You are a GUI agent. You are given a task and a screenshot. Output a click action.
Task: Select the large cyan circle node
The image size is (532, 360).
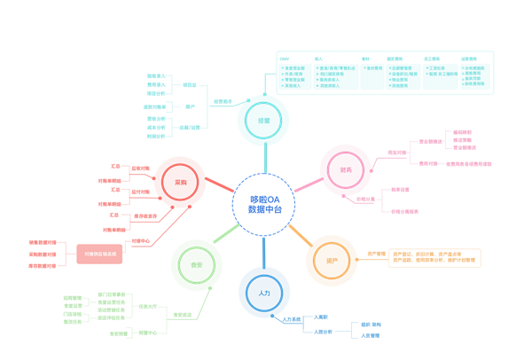click(263, 121)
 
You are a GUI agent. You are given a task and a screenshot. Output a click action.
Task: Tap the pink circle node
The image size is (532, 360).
click(345, 169)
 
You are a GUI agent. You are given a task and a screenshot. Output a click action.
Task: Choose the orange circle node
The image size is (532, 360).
click(332, 261)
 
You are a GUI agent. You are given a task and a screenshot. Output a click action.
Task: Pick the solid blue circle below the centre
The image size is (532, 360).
click(264, 292)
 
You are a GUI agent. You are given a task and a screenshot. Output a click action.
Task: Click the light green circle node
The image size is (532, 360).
click(196, 264)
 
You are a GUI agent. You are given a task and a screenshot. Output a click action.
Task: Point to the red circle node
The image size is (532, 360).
click(180, 182)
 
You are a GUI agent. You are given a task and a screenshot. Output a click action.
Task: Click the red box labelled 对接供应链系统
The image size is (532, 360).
click(99, 254)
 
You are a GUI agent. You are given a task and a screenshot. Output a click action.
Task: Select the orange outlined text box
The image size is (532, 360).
click(434, 258)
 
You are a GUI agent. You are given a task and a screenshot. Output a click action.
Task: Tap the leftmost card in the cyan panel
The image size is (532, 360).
click(294, 76)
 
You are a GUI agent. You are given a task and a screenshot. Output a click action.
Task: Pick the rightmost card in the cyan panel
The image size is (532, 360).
click(475, 76)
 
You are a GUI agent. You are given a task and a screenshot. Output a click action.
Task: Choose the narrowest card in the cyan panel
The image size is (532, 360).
click(372, 76)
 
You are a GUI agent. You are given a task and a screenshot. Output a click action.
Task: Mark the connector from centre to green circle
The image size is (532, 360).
click(227, 231)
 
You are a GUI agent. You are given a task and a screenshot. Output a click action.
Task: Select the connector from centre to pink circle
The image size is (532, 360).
click(306, 185)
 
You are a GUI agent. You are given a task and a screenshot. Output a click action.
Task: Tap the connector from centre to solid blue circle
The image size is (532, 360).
click(264, 251)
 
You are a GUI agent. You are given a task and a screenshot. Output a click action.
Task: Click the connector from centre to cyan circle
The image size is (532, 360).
click(264, 160)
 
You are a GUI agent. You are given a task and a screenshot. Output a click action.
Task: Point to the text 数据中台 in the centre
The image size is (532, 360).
click(264, 211)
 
